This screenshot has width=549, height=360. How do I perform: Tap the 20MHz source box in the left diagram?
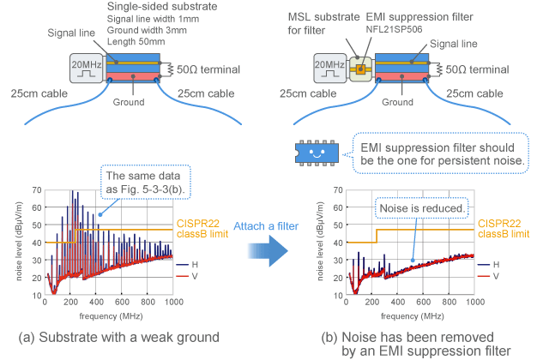point(87,66)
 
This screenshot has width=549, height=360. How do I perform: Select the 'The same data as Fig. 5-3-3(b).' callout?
point(138,183)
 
